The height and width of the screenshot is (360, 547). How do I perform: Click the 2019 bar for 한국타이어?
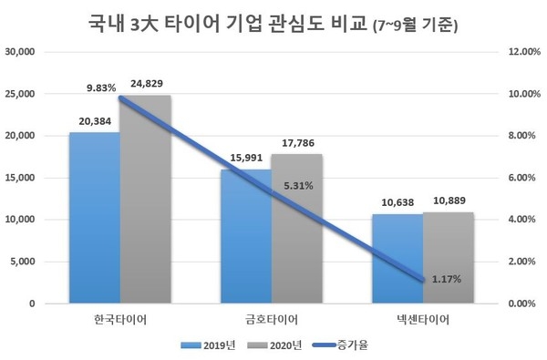(95, 218)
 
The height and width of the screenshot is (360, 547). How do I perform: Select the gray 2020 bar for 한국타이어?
(146, 200)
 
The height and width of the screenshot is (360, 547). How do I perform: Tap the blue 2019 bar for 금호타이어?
(245, 236)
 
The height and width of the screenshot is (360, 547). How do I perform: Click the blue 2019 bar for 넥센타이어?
(397, 259)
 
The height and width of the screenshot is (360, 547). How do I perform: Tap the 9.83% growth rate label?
(100, 88)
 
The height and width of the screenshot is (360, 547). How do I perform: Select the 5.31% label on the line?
(297, 185)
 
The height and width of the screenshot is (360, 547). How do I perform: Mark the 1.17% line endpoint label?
(448, 277)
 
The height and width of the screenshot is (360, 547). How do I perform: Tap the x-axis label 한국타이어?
(120, 319)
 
